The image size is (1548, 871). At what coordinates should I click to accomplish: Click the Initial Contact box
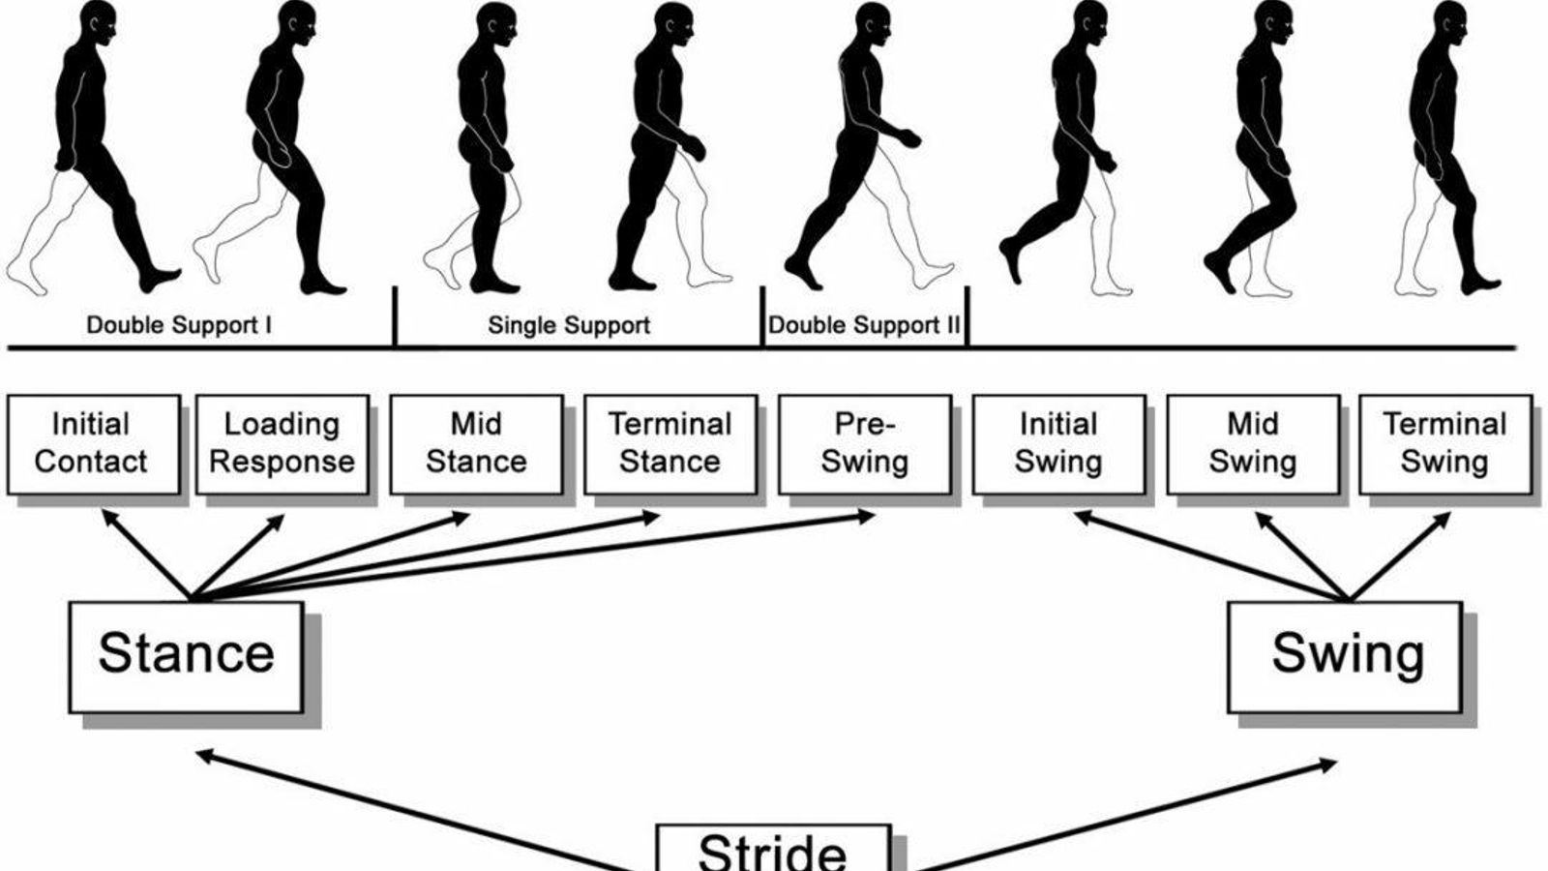(x=93, y=443)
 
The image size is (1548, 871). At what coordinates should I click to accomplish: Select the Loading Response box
(x=282, y=443)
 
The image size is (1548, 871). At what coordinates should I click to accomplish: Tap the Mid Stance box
(x=476, y=443)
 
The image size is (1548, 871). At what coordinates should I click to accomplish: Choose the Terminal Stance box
(x=670, y=443)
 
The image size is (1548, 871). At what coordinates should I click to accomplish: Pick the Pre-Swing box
(x=865, y=443)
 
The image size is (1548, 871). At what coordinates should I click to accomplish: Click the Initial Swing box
(x=1058, y=443)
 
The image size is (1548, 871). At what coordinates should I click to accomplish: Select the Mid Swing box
(x=1253, y=443)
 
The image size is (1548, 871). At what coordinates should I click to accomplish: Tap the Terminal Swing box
(x=1444, y=443)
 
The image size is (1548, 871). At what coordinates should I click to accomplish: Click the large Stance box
(x=186, y=656)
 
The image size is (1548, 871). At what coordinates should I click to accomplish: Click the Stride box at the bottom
(x=773, y=849)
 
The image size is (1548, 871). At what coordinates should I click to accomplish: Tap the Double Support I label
(x=179, y=325)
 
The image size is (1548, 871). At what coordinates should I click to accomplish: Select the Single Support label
(x=569, y=325)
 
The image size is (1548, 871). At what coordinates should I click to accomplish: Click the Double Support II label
(x=864, y=325)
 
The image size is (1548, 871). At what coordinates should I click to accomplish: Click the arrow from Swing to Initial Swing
(x=1209, y=556)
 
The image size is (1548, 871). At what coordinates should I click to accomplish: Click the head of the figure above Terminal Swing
(x=1449, y=20)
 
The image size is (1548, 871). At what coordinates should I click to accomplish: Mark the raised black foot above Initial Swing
(x=1011, y=259)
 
